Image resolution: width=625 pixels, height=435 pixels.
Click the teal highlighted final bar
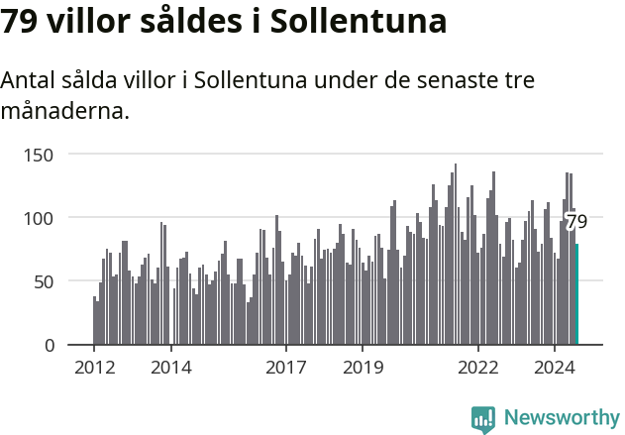point(576,294)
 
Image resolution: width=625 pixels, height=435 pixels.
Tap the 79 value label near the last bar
point(576,221)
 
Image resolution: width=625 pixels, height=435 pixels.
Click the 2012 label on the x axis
point(94,368)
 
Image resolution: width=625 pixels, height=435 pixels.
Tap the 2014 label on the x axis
point(171,368)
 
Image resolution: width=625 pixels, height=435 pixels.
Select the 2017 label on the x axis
point(286,368)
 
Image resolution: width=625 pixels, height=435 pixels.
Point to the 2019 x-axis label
point(363,368)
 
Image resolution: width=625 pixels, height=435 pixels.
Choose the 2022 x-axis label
point(478,368)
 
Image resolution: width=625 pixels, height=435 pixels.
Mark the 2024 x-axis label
point(555,368)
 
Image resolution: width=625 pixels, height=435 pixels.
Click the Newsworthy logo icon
point(483,418)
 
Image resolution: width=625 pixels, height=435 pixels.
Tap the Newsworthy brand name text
point(562,418)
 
